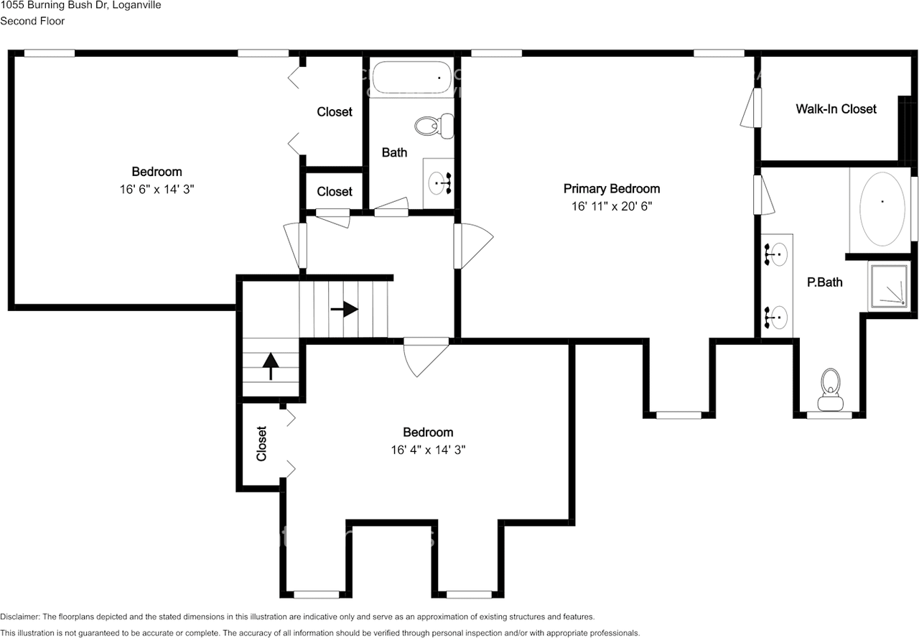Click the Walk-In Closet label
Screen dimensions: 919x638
[836, 108]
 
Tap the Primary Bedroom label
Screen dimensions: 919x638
[611, 188]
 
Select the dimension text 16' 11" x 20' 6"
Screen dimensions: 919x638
[611, 206]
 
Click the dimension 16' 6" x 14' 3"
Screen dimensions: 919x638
[157, 189]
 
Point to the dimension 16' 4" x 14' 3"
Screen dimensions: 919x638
[428, 450]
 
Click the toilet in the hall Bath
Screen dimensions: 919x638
[434, 126]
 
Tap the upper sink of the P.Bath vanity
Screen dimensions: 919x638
[776, 254]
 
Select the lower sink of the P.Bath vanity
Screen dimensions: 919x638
[776, 318]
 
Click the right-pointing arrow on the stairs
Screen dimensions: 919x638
[345, 309]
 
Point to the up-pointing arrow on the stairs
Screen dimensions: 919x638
[271, 366]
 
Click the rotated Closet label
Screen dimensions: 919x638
[261, 444]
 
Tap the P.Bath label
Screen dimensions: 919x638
[825, 282]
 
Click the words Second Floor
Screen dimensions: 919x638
[32, 21]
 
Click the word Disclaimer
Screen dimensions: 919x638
[19, 616]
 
